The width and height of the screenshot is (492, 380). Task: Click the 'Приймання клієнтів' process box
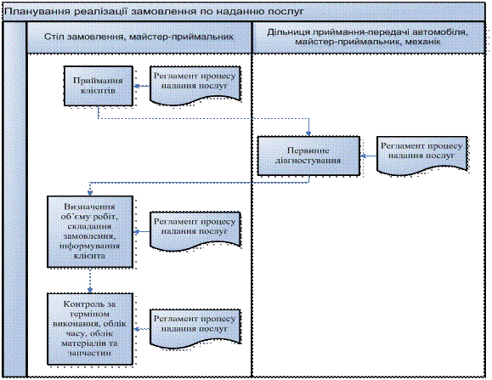(x=99, y=86)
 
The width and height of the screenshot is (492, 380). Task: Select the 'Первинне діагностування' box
(x=308, y=156)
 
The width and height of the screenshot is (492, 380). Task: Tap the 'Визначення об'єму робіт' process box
(x=90, y=232)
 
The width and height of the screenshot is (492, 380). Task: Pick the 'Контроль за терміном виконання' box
(x=90, y=329)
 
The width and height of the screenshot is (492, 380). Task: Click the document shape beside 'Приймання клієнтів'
(x=195, y=85)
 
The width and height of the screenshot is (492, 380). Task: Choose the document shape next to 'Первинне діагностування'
(x=421, y=156)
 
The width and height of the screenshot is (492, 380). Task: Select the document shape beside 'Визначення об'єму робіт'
(x=195, y=230)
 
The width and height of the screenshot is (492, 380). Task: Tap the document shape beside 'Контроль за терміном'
(x=195, y=328)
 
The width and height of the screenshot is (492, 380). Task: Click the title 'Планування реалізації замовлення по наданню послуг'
(x=154, y=12)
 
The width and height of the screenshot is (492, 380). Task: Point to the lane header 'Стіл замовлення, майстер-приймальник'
(x=139, y=37)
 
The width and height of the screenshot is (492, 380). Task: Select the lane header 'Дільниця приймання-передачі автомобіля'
(x=367, y=32)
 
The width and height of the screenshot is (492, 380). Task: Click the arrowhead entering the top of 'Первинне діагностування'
(x=308, y=133)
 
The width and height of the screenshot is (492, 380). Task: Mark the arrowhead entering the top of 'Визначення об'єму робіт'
(x=90, y=193)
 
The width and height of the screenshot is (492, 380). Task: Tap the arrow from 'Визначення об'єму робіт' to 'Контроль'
(x=90, y=281)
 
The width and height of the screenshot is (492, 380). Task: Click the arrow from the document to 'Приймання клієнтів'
(x=142, y=86)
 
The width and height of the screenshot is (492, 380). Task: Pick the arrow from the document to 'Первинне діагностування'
(x=369, y=156)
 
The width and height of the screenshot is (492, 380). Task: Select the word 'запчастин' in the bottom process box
(x=90, y=353)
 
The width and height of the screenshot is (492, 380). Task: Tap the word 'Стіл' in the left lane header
(x=54, y=37)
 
